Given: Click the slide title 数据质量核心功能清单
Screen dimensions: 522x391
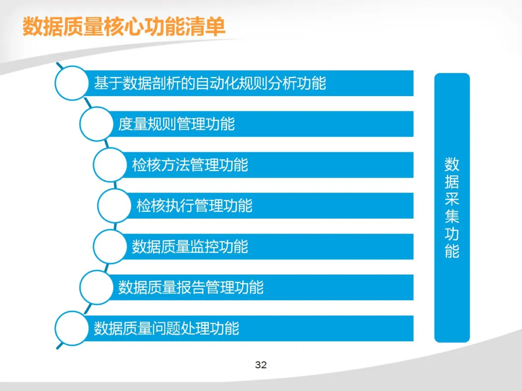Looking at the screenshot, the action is [x=124, y=26].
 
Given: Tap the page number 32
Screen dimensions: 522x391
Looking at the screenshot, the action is [x=261, y=365].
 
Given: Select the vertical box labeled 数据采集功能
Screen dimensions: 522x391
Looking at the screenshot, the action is [x=452, y=208].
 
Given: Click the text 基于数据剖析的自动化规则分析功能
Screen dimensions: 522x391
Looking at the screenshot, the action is [x=210, y=83].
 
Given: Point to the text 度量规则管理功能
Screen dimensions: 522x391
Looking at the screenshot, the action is [x=176, y=124].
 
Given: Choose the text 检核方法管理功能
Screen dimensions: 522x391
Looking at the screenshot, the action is [x=190, y=165].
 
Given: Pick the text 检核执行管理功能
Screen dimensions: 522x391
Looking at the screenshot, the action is [x=194, y=206].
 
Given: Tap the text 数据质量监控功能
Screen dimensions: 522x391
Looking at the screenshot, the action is [x=190, y=247].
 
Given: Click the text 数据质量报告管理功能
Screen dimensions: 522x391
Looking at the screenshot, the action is [x=191, y=288].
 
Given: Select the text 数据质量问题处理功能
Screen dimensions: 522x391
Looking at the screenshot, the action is [x=166, y=329].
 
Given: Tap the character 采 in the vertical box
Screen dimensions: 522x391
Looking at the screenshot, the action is [x=452, y=199].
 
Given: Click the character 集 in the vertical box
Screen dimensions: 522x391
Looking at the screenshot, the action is [x=452, y=216].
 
